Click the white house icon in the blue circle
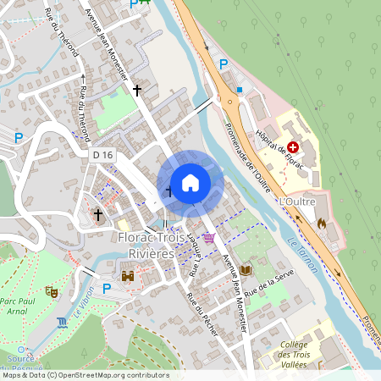pos(190,182)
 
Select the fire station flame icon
pos(321,224)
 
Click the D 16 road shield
pos(102,155)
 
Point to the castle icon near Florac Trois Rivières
pos(128,275)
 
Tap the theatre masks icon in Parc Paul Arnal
pos(51,290)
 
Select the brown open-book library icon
pos(246,269)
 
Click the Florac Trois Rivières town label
pos(146,245)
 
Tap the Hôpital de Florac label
pos(280,146)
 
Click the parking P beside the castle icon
pos(107,288)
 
